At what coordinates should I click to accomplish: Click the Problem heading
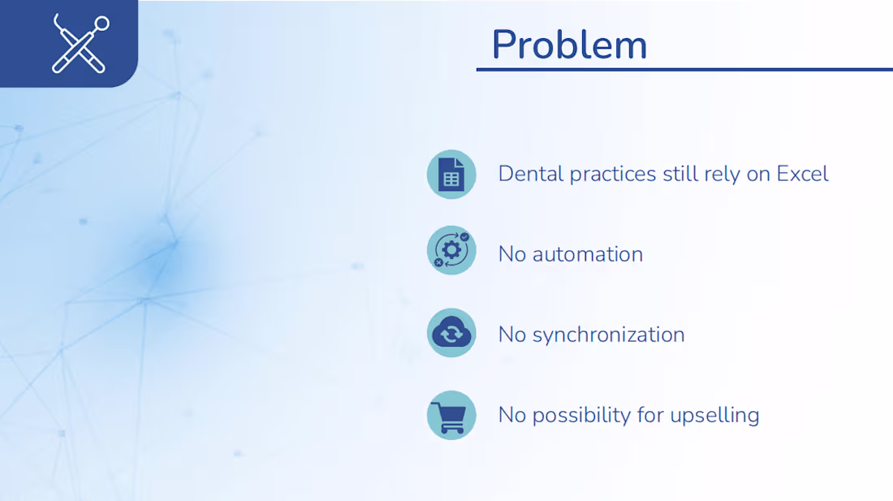click(569, 44)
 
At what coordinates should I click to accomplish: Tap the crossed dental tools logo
click(80, 44)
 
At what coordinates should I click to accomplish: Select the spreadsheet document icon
click(451, 174)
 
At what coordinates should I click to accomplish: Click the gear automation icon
click(451, 250)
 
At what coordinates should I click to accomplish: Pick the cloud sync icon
click(451, 333)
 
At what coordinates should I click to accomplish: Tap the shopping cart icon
click(451, 415)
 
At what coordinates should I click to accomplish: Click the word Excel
click(802, 174)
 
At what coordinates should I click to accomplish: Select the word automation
click(588, 254)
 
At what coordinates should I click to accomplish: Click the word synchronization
click(608, 335)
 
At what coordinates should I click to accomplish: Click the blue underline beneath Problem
click(684, 70)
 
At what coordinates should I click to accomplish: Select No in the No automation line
click(512, 254)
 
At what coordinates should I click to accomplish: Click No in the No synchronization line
click(512, 335)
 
